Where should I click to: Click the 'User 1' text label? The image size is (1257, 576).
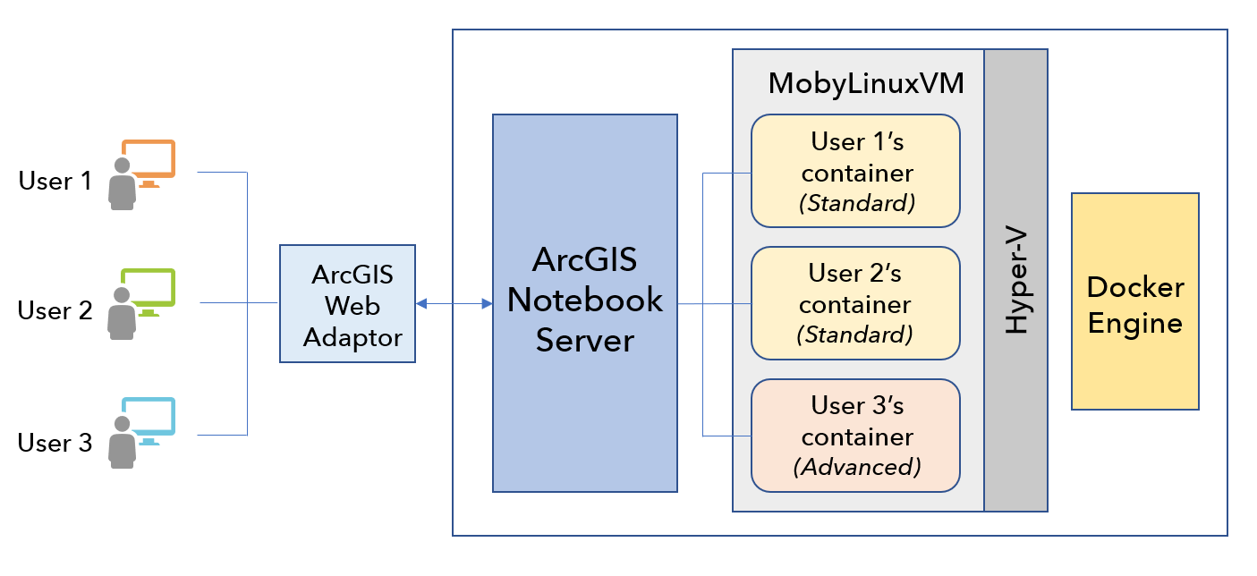coord(55,182)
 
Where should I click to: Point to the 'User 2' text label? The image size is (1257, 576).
coord(55,311)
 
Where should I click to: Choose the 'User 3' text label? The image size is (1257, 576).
coord(55,443)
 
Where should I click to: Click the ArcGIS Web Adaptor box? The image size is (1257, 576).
coord(347,304)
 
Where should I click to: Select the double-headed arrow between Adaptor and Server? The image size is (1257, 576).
coord(454,304)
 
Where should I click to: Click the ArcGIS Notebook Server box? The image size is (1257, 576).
coord(584,302)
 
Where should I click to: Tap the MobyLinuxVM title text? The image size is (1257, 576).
coord(865,86)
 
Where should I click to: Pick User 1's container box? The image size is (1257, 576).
coord(855,171)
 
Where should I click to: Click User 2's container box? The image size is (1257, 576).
coord(855,302)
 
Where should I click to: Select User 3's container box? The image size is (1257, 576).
coord(855,435)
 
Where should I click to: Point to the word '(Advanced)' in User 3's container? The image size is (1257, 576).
coord(857,467)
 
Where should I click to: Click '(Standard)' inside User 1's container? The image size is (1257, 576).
coord(857,204)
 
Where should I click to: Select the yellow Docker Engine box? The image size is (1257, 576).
coord(1134,302)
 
